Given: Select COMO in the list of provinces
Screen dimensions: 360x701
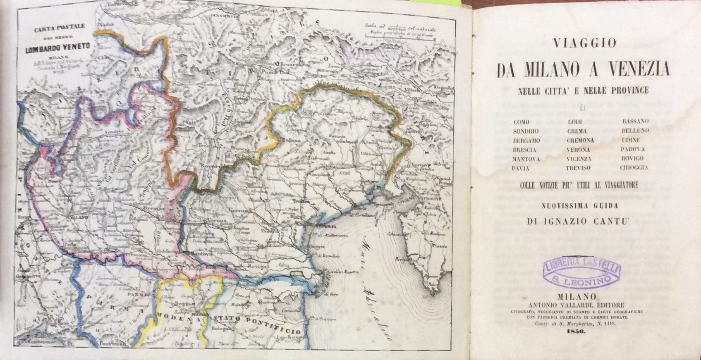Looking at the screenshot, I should tap(521, 122).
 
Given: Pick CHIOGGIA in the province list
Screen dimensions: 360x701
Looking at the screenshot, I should tap(634, 168).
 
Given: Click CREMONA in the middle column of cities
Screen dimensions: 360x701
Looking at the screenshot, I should tap(580, 141).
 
